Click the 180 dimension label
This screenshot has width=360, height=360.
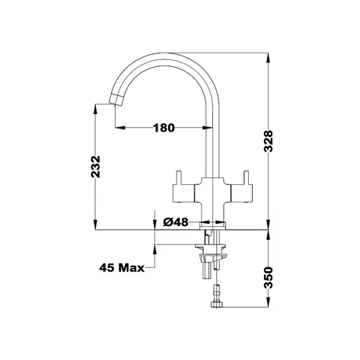point(164,128)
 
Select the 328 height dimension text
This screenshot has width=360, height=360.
point(268,141)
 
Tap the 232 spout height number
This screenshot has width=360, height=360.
point(96,167)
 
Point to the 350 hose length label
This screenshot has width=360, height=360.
point(268,277)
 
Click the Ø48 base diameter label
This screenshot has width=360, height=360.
point(176,222)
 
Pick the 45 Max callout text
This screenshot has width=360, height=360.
point(122,267)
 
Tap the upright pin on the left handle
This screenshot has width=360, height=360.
point(179,178)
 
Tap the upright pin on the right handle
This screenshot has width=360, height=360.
point(246,178)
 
